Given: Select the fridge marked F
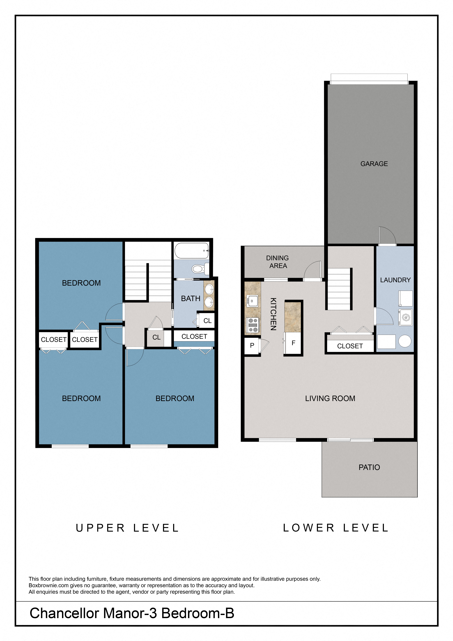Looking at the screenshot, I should (293, 343).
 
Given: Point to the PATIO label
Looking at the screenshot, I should (369, 467).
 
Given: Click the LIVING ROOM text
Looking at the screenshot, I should (330, 398).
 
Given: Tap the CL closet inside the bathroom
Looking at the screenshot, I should (207, 321).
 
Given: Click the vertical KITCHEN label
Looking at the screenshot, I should (273, 314).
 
